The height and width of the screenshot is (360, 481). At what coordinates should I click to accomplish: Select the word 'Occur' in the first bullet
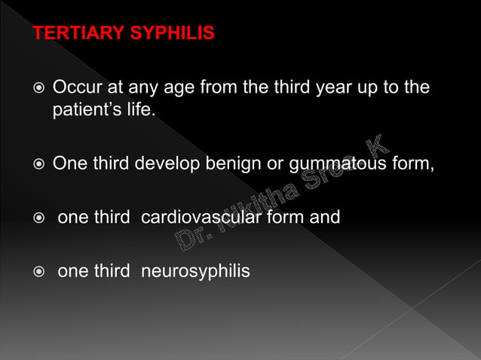(x=75, y=88)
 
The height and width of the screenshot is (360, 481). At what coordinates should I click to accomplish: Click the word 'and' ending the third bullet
(x=325, y=218)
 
